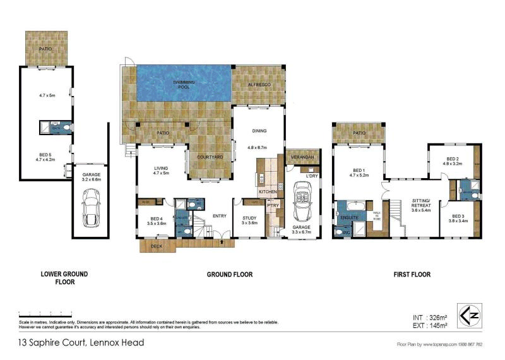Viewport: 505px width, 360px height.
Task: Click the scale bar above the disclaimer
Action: (50, 315)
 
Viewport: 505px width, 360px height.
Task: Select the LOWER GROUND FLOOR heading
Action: (64, 278)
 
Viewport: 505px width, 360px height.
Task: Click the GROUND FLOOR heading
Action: (230, 275)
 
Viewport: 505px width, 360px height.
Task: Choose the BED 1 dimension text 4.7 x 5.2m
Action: (359, 176)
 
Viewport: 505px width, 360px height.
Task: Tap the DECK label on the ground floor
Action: (157, 246)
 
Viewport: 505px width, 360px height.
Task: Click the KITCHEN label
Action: (268, 191)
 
